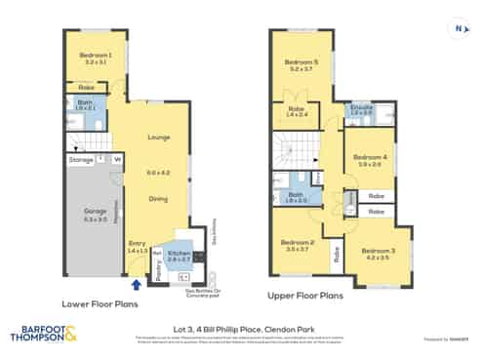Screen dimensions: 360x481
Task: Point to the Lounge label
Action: (x=159, y=137)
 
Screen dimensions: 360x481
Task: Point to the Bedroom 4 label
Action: (x=370, y=158)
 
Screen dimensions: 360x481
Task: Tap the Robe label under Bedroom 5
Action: (x=297, y=109)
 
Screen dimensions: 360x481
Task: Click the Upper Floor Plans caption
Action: (x=305, y=293)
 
